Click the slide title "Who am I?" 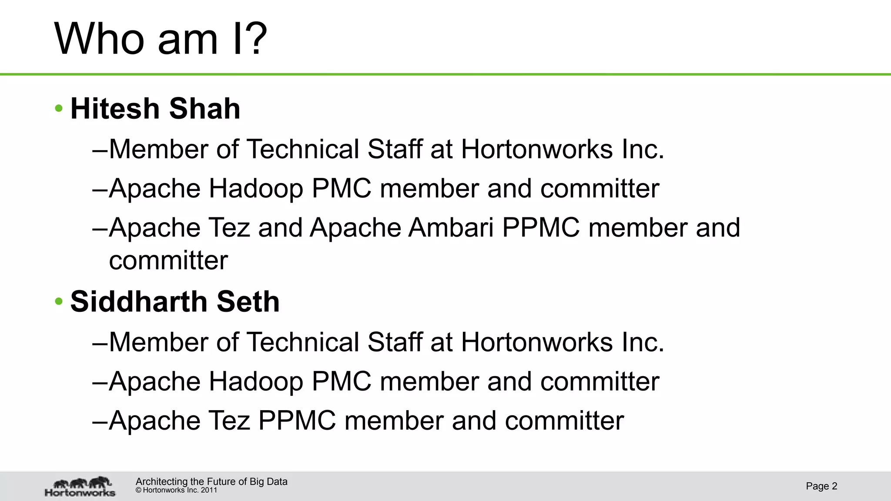(160, 39)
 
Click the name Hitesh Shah (155, 108)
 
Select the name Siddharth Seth (175, 301)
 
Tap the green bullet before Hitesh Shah (59, 108)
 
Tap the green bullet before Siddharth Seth (59, 301)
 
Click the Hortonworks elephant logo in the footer (80, 486)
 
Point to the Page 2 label (821, 486)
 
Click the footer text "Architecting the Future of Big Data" (211, 481)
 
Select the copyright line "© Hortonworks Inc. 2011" (176, 490)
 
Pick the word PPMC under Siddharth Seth (297, 421)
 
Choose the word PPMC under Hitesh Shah (541, 227)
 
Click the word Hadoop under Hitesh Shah (256, 188)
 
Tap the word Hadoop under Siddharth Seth (256, 381)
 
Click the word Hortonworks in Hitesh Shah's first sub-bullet (537, 149)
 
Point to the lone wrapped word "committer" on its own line (168, 261)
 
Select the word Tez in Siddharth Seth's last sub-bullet (229, 421)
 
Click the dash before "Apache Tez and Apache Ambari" (100, 228)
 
